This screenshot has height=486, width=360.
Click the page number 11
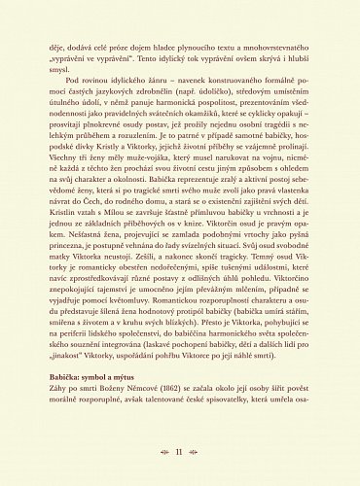point(179,452)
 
